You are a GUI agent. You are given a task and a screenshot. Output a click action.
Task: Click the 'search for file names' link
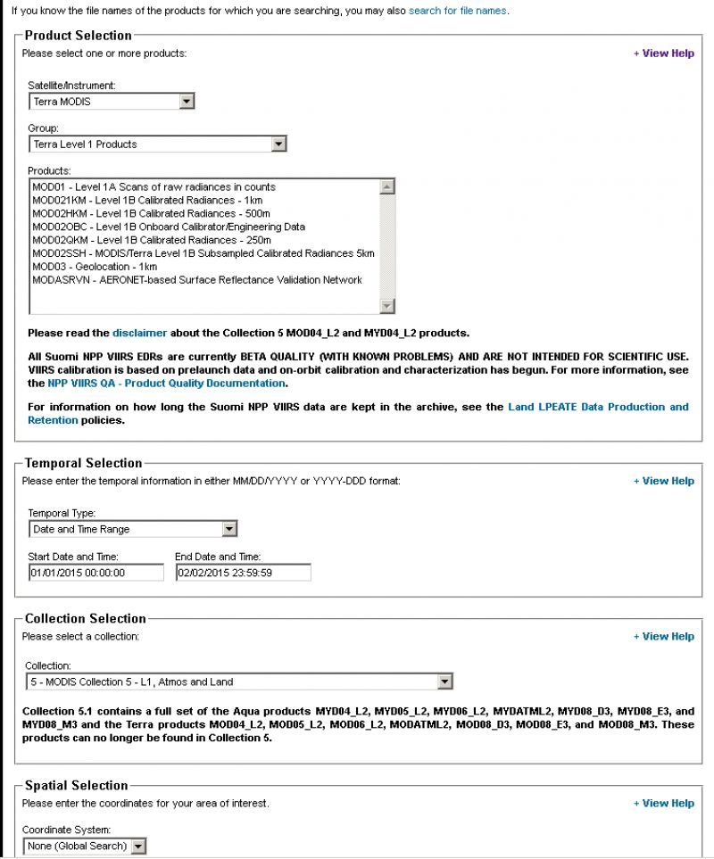tap(457, 11)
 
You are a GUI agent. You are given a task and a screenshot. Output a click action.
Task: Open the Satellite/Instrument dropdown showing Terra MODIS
tap(112, 102)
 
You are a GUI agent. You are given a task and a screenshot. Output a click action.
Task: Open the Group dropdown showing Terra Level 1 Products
tap(157, 144)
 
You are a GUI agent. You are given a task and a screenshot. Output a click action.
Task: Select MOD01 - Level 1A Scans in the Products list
tap(154, 187)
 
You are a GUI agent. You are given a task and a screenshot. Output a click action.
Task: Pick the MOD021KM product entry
tap(147, 201)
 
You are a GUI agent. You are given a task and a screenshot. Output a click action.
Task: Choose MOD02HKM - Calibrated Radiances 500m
tap(152, 214)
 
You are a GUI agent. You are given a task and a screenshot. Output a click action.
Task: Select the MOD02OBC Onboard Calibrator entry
tap(168, 227)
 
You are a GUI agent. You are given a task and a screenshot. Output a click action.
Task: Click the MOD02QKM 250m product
tap(152, 240)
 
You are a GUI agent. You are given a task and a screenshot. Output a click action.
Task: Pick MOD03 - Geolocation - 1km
tap(95, 267)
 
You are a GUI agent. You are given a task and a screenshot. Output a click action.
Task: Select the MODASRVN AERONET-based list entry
tap(196, 280)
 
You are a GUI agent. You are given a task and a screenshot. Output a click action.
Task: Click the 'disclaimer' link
tap(139, 333)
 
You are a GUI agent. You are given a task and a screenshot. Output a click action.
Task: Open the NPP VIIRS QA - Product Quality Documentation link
tap(168, 384)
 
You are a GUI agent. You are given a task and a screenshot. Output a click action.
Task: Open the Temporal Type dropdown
tap(133, 529)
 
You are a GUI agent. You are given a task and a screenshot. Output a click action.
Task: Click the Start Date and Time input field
tap(96, 573)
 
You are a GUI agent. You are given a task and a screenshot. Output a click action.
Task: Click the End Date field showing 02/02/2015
tap(243, 573)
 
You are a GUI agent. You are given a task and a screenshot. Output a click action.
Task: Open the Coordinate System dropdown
tap(85, 846)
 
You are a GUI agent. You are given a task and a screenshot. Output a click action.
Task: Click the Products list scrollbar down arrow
tap(386, 307)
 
